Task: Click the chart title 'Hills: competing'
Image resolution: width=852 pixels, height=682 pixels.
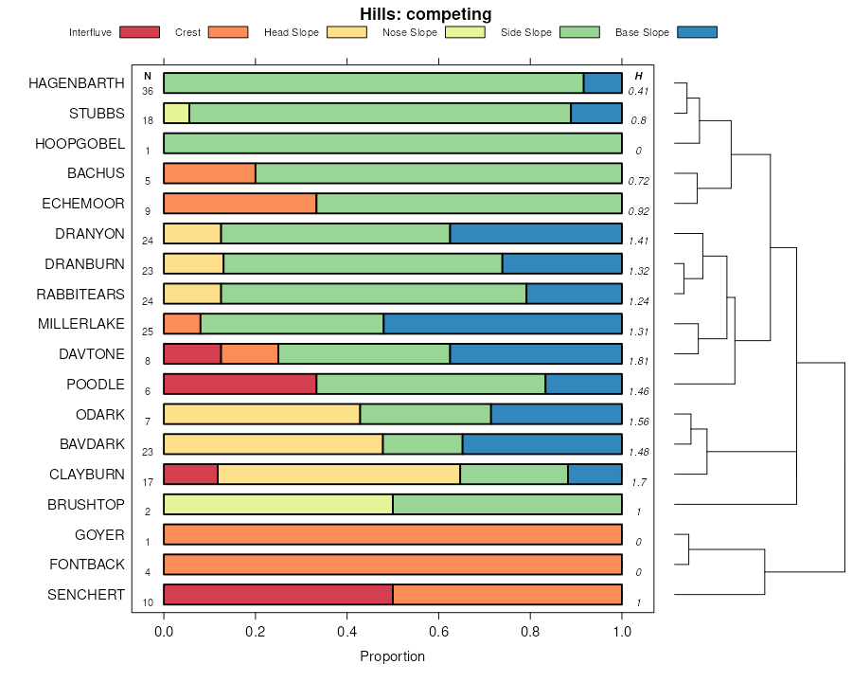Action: (x=425, y=14)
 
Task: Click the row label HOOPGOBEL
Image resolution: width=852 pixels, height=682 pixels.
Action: (x=80, y=143)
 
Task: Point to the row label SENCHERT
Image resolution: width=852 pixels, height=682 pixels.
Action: (x=86, y=595)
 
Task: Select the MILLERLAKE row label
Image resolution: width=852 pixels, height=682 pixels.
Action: (x=81, y=324)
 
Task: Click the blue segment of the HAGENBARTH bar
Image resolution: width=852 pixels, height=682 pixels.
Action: (x=603, y=82)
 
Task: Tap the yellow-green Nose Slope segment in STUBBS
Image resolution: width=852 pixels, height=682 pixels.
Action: (x=176, y=113)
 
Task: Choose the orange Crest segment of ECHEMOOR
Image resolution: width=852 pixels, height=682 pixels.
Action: (x=240, y=204)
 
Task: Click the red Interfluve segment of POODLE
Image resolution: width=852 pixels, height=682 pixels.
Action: (x=240, y=384)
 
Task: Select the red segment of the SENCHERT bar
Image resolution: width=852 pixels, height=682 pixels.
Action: (x=278, y=595)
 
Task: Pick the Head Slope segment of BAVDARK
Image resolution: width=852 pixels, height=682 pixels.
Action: (x=273, y=444)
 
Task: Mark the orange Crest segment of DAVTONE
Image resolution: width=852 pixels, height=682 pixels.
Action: (x=250, y=354)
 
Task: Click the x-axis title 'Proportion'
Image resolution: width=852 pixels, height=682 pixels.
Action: (x=393, y=656)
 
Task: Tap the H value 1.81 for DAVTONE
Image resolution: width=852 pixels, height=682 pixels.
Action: (x=639, y=361)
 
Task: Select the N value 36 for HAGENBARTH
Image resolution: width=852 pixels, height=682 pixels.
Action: (x=148, y=91)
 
